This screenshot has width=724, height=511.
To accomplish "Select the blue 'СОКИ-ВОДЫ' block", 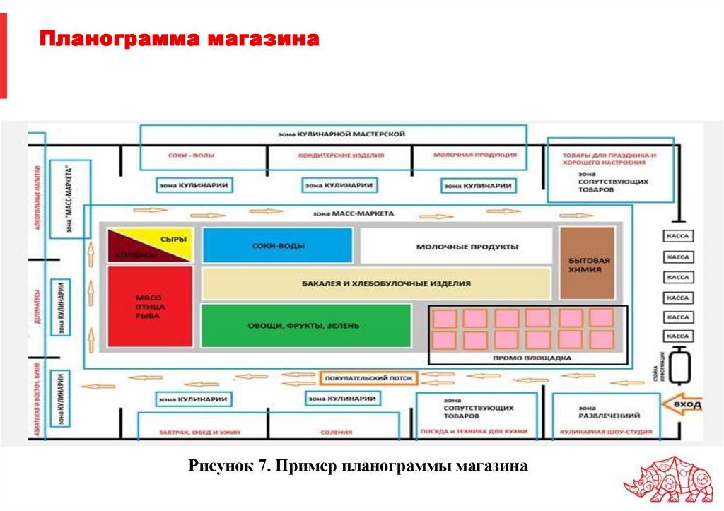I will pos(277,246).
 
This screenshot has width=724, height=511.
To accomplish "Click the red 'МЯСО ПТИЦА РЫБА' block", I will pos(150,307).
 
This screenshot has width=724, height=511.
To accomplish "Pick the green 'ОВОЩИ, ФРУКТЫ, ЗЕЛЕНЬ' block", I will pos(305,326).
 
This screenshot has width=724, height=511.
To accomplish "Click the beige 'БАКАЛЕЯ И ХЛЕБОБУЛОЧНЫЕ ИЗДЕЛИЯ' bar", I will pos(376,283).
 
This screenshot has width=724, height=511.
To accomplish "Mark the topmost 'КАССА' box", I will pos(678,237).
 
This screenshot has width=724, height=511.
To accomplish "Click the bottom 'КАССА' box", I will pos(678,336).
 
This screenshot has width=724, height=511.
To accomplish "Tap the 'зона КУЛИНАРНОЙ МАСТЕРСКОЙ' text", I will pos(332,134).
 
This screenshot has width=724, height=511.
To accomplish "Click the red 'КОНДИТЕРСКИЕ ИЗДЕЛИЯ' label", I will pos(341,155).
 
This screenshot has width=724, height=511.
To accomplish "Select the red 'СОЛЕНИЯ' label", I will pos(336,432).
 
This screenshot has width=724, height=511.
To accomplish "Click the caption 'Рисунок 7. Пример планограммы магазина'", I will pos(358,466).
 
